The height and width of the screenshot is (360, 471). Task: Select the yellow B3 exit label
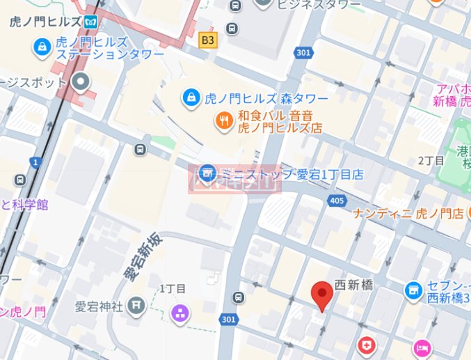207,40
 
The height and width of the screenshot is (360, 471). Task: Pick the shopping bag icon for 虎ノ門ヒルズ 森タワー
189,98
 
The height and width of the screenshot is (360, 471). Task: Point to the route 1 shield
35,162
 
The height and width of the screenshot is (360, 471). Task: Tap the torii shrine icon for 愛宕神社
136,305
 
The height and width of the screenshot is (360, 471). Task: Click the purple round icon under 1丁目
180,313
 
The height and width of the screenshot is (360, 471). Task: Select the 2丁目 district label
431,160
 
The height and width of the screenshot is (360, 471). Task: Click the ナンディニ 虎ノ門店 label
408,213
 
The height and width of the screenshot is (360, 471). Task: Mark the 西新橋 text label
355,285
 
